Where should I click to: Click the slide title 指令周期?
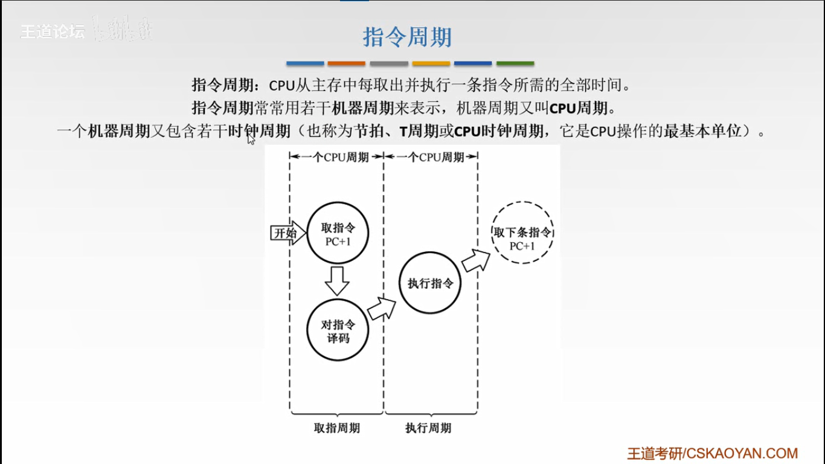pos(407,37)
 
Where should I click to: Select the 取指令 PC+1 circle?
pos(337,233)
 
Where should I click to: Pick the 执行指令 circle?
pos(429,283)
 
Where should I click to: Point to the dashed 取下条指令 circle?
pos(522,233)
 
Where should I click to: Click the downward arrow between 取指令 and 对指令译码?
pos(336,280)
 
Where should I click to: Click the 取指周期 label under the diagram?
pos(337,428)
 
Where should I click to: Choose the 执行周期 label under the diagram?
pos(428,428)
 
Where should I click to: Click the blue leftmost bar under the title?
pos(305,63)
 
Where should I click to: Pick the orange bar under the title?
pos(347,63)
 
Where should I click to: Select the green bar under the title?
pos(515,63)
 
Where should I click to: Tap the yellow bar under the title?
pos(431,63)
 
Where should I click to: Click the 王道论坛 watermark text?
pos(53,32)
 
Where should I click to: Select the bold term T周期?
pos(419,131)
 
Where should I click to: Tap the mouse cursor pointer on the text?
pos(251,139)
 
